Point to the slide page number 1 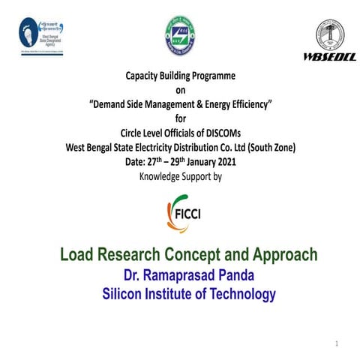click(x=337, y=343)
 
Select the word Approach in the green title click(x=282, y=255)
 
